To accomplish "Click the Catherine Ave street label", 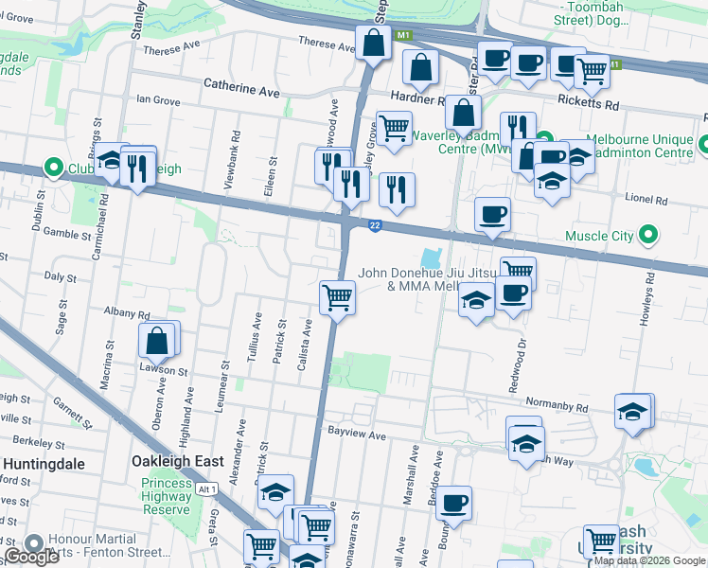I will click(x=242, y=88).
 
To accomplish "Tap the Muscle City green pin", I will click(x=648, y=234).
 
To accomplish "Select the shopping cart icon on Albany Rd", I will click(x=337, y=297).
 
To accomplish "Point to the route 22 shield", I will click(x=376, y=224).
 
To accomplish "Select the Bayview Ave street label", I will click(x=358, y=436).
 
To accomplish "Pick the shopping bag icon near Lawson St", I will click(x=157, y=341).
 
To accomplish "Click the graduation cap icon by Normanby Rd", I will click(x=631, y=411).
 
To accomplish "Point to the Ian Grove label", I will click(x=158, y=98).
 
